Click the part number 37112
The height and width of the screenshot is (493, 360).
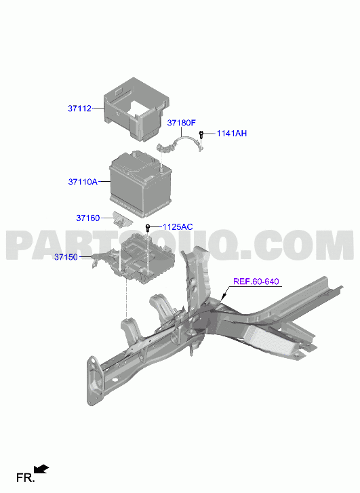[x=79, y=109]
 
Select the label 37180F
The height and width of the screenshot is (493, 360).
[x=182, y=123]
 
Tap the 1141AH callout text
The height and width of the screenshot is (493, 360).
[x=232, y=134]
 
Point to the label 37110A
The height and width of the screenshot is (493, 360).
[x=83, y=182]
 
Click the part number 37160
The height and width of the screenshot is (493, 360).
[x=88, y=218]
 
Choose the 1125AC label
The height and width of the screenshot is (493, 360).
[x=178, y=226]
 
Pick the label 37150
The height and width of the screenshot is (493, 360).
[x=66, y=257]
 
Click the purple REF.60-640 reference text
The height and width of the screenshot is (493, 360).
[x=256, y=281]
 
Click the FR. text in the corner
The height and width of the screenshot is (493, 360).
[x=26, y=478]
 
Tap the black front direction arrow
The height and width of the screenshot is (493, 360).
[x=41, y=469]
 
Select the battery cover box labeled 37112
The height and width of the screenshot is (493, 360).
[x=137, y=109]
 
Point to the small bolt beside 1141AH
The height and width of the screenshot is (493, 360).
[x=201, y=134]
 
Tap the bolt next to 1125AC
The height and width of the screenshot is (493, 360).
[x=148, y=228]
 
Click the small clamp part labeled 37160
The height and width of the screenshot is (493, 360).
[x=122, y=218]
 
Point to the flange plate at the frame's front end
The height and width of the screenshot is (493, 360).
[x=94, y=380]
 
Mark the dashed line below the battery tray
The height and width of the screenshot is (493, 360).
[x=126, y=298]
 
